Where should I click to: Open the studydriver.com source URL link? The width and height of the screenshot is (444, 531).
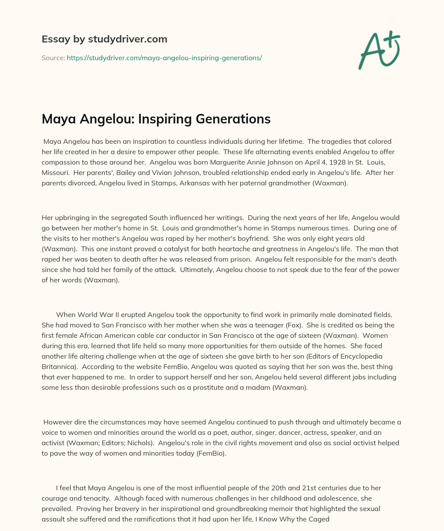pyautogui.click(x=164, y=58)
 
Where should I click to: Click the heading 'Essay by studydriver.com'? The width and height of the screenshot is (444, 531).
pyautogui.click(x=104, y=39)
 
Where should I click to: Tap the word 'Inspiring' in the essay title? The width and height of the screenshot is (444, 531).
pyautogui.click(x=166, y=119)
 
